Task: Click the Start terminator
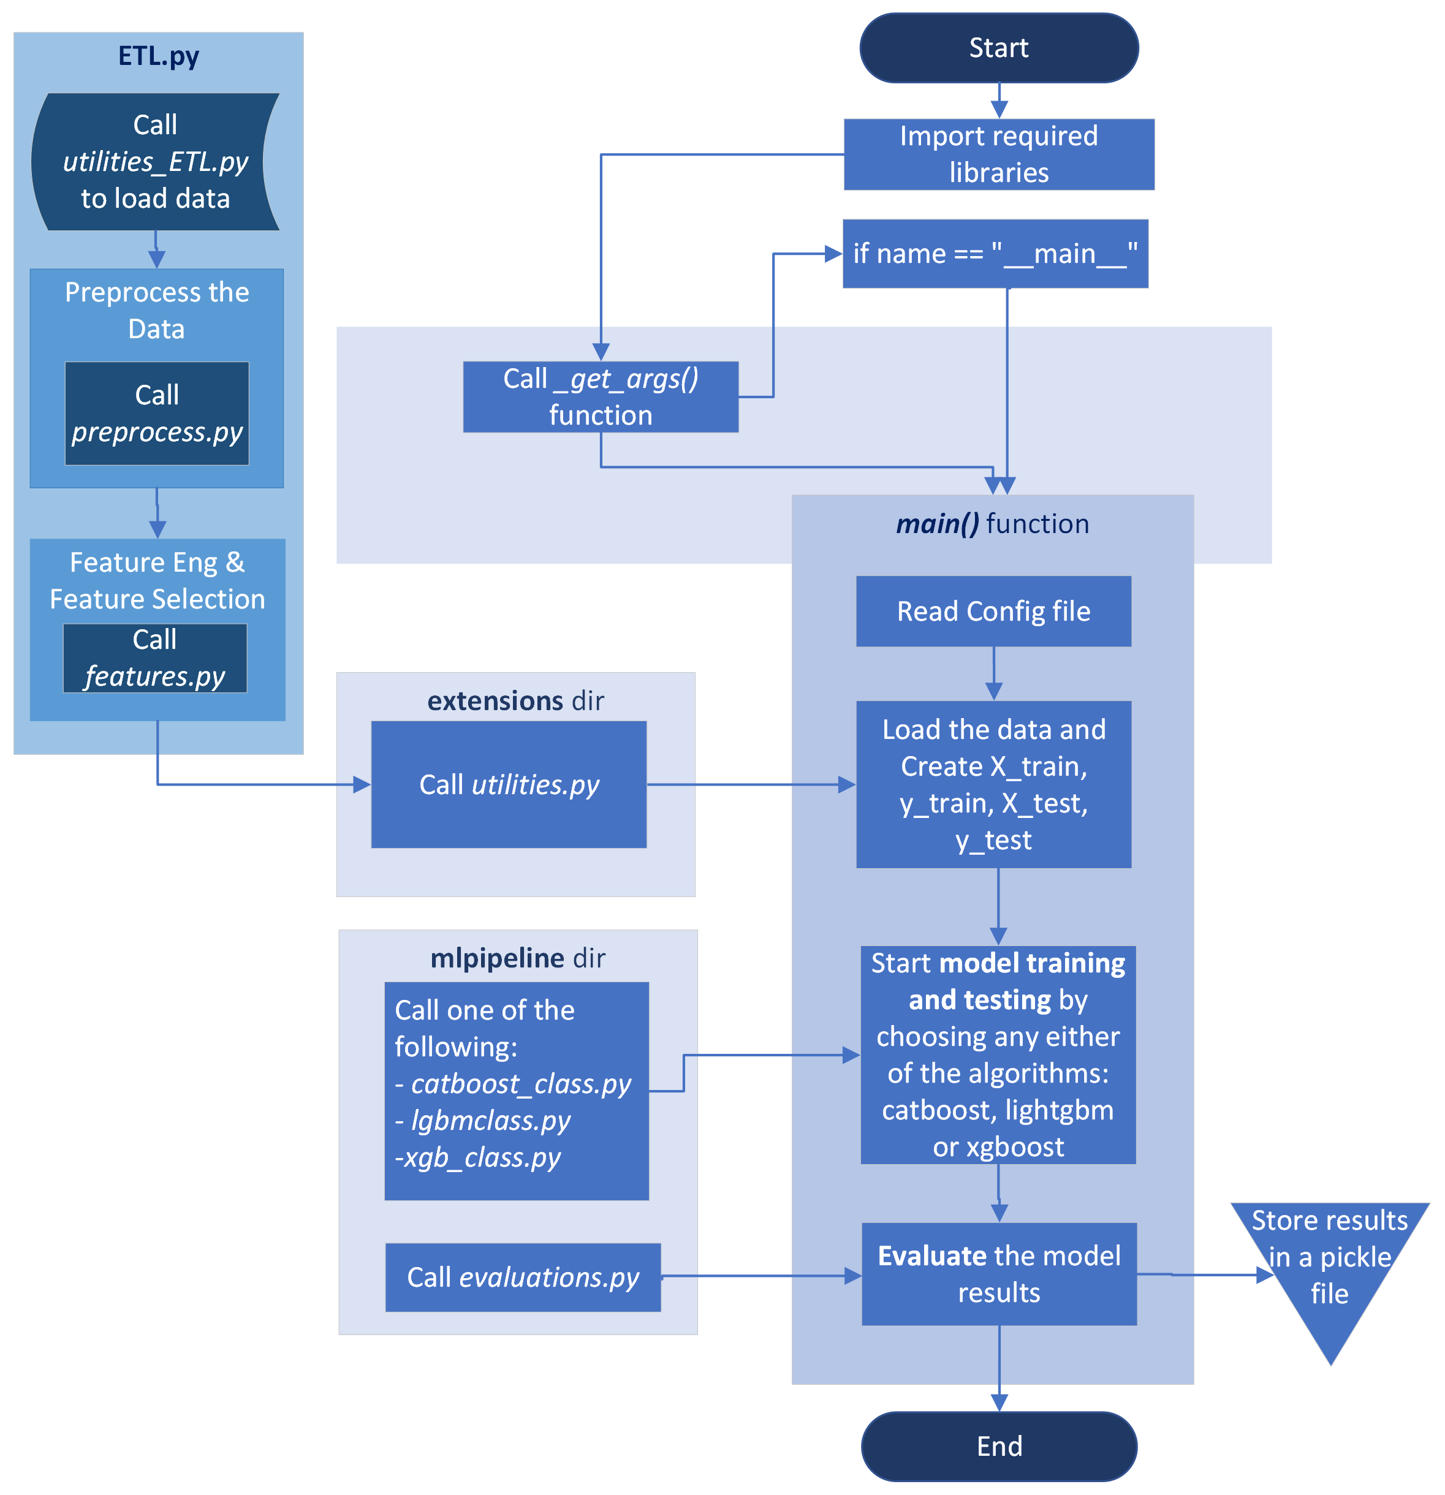tap(999, 48)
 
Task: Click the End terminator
tap(999, 1446)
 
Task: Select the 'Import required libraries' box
tap(999, 154)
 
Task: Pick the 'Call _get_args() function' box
tap(601, 396)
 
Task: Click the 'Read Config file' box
tap(993, 611)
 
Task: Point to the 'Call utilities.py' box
tap(509, 784)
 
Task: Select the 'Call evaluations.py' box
tap(523, 1277)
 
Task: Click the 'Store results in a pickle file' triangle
tap(1330, 1266)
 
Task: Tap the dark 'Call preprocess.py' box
tap(157, 414)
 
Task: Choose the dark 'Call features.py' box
tap(155, 658)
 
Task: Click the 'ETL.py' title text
tap(159, 56)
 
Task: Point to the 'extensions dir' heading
tap(516, 700)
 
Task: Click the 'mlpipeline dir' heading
tap(518, 958)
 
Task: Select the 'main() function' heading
tap(993, 524)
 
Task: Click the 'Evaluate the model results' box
tap(999, 1274)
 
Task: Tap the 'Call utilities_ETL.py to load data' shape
tap(156, 162)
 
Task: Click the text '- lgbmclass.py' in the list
tap(482, 1121)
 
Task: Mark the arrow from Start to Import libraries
tap(999, 100)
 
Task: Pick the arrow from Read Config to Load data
tap(993, 673)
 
